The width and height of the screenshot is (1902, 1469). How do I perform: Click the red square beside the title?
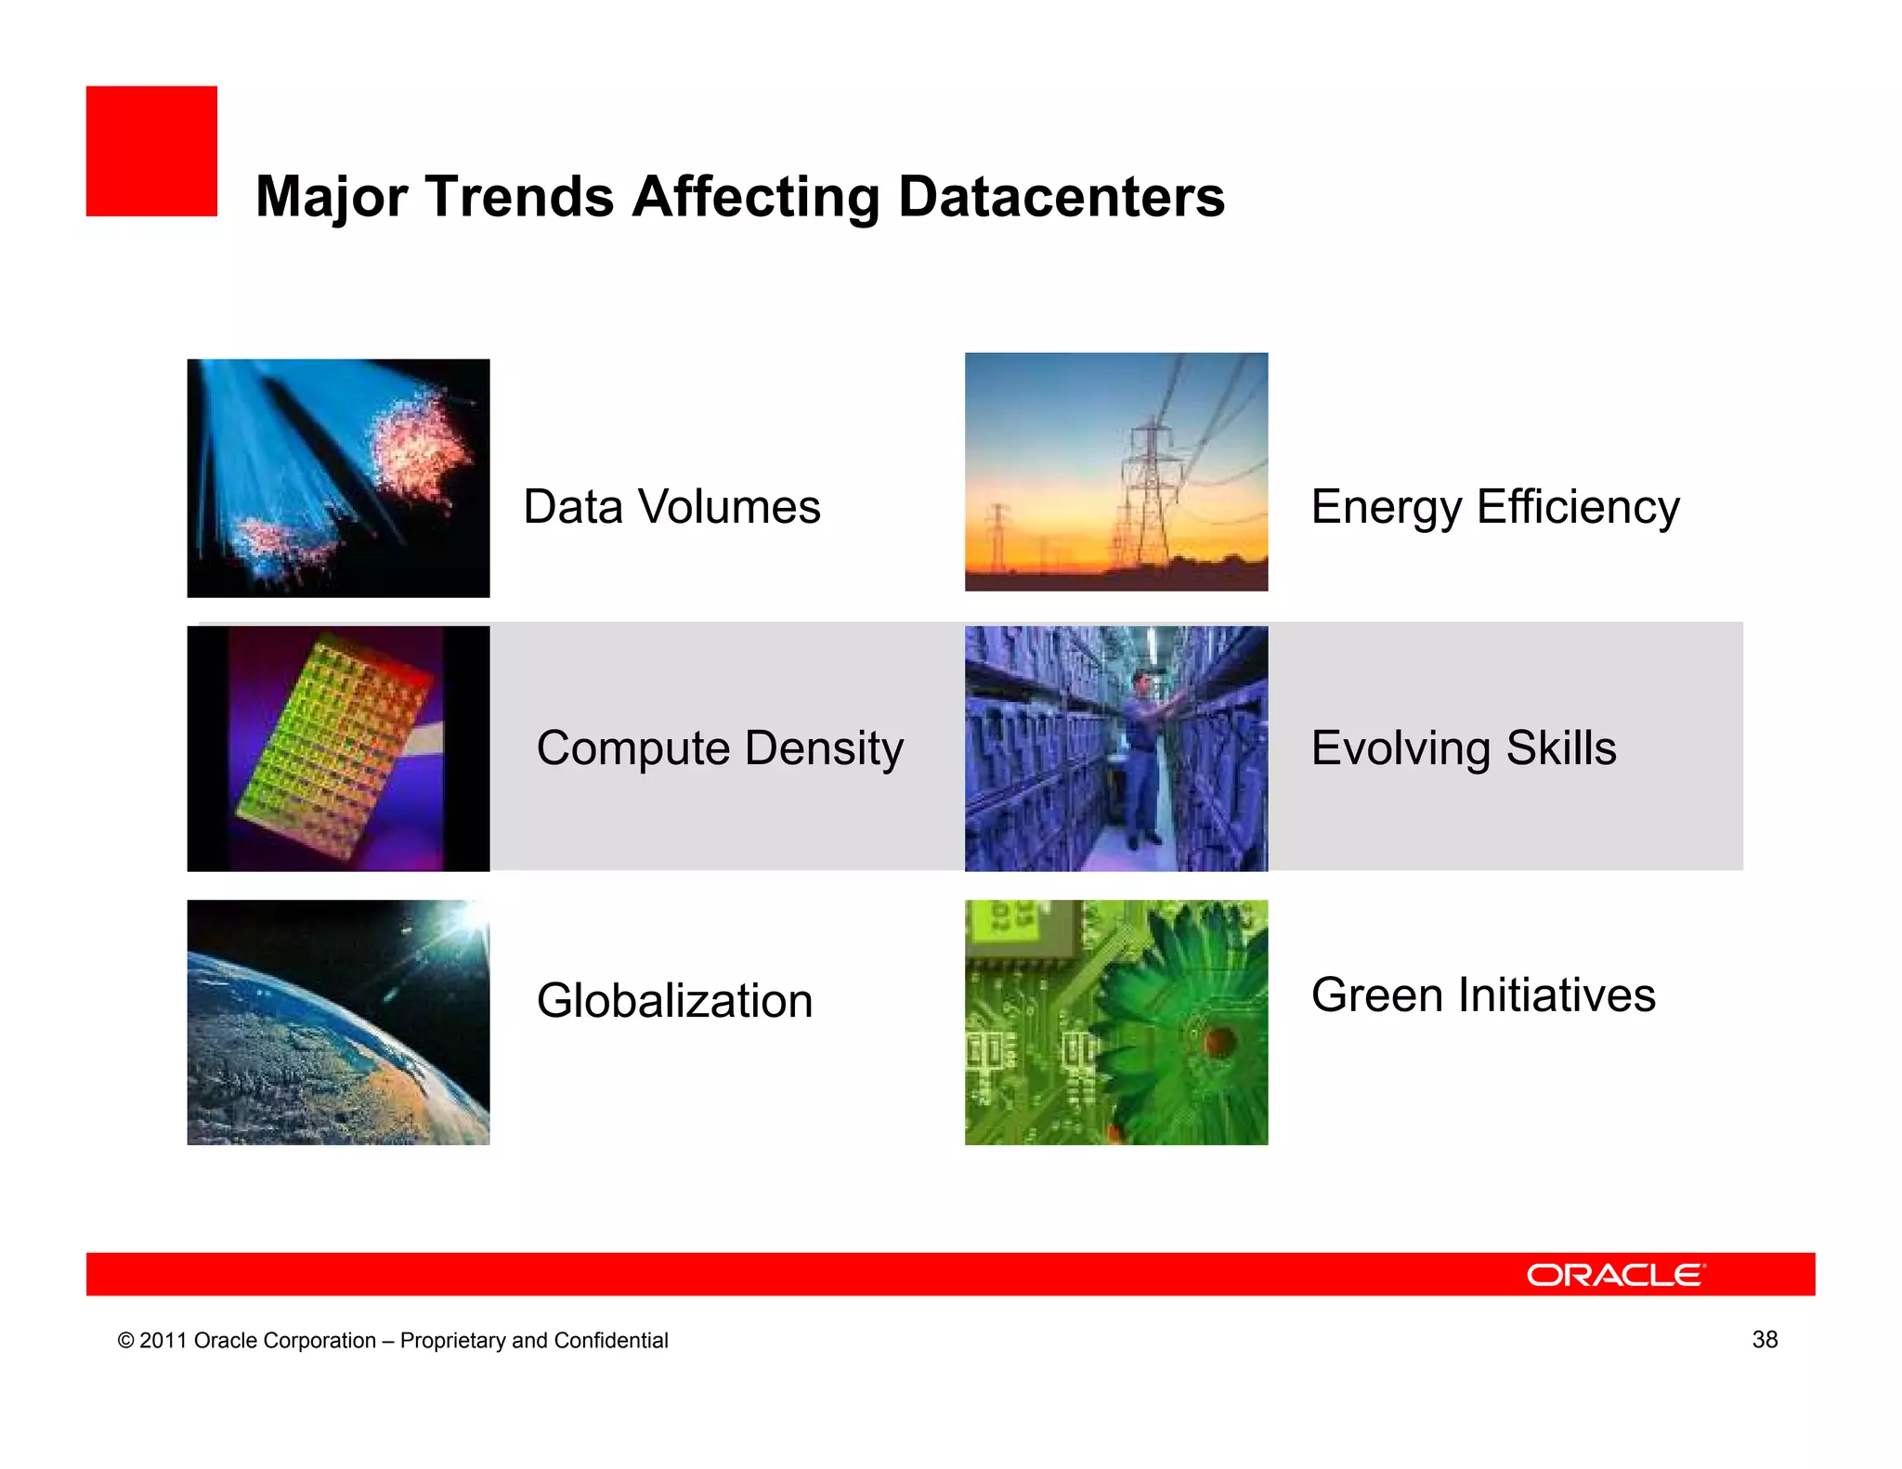[151, 151]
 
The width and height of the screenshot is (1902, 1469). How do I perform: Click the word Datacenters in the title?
[1061, 197]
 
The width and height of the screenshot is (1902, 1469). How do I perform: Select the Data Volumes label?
[671, 507]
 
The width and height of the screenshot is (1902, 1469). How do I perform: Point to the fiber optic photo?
[338, 477]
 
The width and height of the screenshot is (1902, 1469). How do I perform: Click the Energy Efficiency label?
[1494, 507]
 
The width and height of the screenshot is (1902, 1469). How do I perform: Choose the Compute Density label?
[720, 748]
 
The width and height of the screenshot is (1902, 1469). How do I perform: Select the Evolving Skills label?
[1463, 748]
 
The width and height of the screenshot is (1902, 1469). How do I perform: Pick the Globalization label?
[674, 1001]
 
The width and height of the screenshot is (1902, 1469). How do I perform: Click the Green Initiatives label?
[1482, 995]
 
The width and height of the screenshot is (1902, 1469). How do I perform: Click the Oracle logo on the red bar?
[1615, 1275]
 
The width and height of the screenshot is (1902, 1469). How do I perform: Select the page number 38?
[1764, 1339]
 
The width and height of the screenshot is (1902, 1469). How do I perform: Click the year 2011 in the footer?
[163, 1341]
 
